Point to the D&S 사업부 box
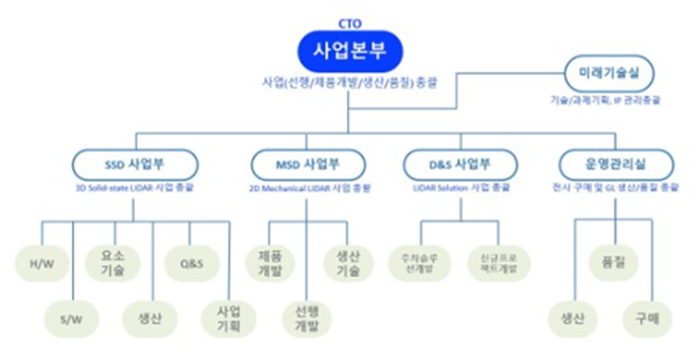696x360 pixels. [460, 165]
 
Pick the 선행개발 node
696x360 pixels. [305, 316]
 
